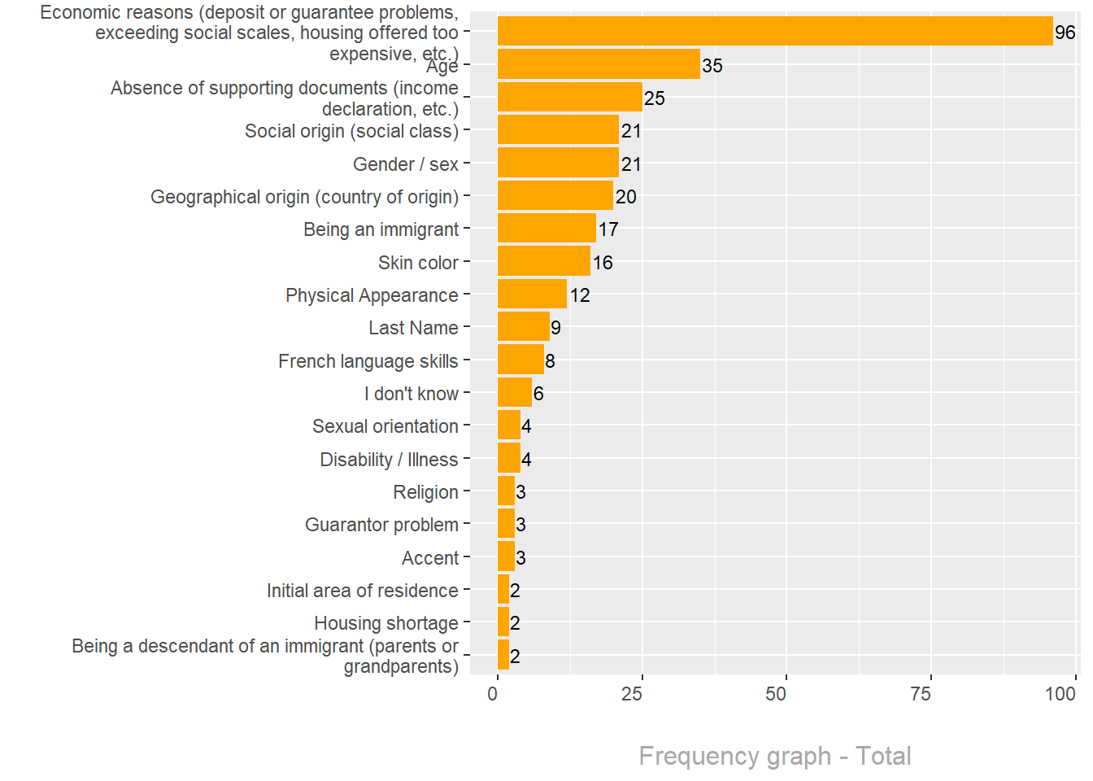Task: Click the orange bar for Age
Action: click(599, 64)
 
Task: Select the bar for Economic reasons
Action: click(774, 32)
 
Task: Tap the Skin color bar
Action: click(543, 261)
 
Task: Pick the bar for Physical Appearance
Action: click(532, 294)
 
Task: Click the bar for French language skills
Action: click(520, 360)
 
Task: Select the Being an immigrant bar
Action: click(546, 229)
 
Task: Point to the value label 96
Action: click(1065, 33)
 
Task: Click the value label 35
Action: click(712, 66)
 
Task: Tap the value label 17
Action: click(608, 229)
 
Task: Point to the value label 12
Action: click(580, 295)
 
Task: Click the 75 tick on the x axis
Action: click(921, 694)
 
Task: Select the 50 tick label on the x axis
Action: click(776, 694)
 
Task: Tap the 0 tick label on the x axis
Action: click(493, 694)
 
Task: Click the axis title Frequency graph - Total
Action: click(774, 756)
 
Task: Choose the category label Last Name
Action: click(413, 328)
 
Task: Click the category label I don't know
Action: click(412, 394)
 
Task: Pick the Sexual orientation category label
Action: click(385, 426)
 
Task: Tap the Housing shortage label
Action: click(386, 623)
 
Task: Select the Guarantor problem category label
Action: click(381, 525)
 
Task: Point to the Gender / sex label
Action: click(406, 164)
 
